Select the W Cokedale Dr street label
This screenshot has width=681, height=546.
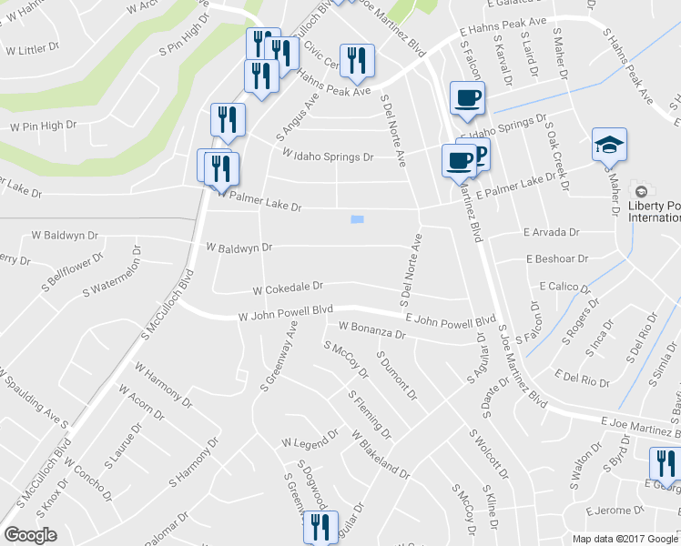pos(288,288)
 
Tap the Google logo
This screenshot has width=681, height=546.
pos(30,535)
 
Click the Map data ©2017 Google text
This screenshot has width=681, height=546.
pos(625,538)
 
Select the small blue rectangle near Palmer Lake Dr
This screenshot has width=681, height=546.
pos(357,219)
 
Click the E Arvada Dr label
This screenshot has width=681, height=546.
pos(551,233)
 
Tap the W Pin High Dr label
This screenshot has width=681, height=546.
pos(43,125)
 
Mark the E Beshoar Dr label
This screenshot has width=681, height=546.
pos(557,258)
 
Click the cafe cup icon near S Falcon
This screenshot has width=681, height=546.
pos(467,97)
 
